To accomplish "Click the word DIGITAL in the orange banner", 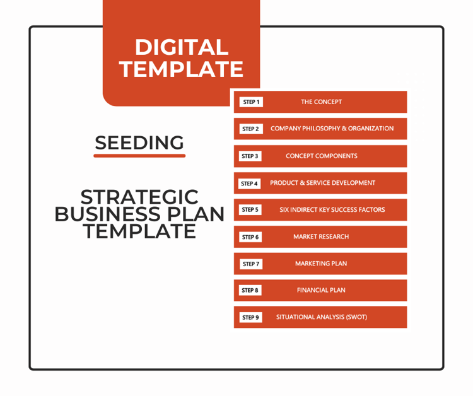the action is pyautogui.click(x=182, y=47).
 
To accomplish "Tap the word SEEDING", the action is pyautogui.click(x=139, y=143).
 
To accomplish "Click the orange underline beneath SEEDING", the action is pyautogui.click(x=139, y=156).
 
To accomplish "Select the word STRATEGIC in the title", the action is pyautogui.click(x=139, y=197).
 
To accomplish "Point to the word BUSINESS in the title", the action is pyautogui.click(x=107, y=214).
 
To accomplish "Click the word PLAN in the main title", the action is pyautogui.click(x=196, y=214).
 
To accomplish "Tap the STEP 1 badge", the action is pyautogui.click(x=251, y=102).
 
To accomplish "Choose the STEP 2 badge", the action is pyautogui.click(x=251, y=129).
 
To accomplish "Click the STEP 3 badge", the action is pyautogui.click(x=250, y=156).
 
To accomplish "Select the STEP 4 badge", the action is pyautogui.click(x=249, y=183).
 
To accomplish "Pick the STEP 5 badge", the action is pyautogui.click(x=250, y=209).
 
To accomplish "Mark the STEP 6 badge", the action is pyautogui.click(x=250, y=237).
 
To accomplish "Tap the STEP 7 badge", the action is pyautogui.click(x=251, y=264).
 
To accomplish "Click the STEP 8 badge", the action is pyautogui.click(x=250, y=290).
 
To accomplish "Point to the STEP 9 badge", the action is pyautogui.click(x=250, y=317).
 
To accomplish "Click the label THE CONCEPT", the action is pyautogui.click(x=321, y=102).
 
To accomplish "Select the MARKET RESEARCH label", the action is pyautogui.click(x=321, y=236).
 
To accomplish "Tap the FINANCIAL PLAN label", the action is pyautogui.click(x=321, y=290).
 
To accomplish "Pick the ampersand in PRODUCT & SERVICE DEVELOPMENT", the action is pyautogui.click(x=302, y=183).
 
